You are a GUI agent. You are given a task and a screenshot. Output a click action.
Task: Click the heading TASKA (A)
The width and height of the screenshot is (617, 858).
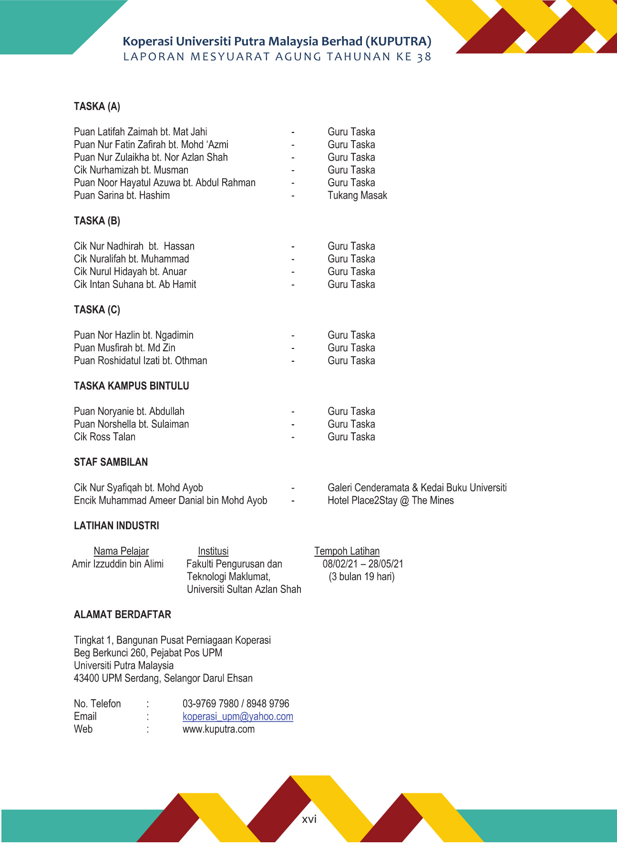pos(97,106)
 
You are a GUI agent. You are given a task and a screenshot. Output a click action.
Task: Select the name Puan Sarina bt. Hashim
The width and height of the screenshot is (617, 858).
pos(122,195)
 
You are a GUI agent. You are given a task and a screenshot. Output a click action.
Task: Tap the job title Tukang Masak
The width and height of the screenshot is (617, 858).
pos(357,195)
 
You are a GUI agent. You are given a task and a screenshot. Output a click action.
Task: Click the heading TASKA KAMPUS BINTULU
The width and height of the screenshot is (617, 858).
pos(131,386)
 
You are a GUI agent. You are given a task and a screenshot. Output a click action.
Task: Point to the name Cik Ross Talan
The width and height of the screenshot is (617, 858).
pos(104,437)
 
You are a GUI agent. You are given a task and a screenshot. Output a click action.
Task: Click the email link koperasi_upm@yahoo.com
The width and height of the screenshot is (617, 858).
pos(237,716)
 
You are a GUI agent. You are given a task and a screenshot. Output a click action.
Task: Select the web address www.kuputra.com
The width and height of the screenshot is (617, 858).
pos(218,729)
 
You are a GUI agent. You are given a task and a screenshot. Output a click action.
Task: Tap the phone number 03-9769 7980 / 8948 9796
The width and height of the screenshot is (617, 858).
pos(236,704)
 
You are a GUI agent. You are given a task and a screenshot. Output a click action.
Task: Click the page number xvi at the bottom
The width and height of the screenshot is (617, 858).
pos(309,819)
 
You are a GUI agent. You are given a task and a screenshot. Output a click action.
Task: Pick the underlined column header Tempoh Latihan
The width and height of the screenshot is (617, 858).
pos(347,551)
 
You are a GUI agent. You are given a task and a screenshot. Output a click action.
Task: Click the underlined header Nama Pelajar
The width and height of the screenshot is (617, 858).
pos(121,551)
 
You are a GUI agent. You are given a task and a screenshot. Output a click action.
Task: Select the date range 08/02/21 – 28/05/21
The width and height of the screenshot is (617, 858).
pos(362,564)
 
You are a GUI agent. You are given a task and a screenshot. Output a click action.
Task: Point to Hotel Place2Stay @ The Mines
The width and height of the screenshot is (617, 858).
pos(391,500)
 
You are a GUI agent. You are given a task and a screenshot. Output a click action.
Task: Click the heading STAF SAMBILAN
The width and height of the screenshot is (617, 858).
pos(111,462)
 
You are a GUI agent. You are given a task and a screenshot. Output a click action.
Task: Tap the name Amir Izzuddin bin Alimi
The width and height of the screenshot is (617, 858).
pos(118,564)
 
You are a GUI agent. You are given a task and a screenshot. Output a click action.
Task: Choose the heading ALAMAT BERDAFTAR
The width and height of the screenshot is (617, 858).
pos(122,615)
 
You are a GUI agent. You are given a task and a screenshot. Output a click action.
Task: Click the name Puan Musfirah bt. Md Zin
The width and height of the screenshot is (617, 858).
pos(124,348)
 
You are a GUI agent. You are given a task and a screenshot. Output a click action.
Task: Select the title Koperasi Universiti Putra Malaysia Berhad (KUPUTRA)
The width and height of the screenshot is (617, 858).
pos(277,41)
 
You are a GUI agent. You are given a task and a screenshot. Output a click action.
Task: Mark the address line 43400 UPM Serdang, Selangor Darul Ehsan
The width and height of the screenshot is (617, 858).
pos(163,678)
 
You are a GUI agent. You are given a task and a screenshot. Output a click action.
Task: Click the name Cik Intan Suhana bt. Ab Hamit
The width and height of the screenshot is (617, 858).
pos(135,285)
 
